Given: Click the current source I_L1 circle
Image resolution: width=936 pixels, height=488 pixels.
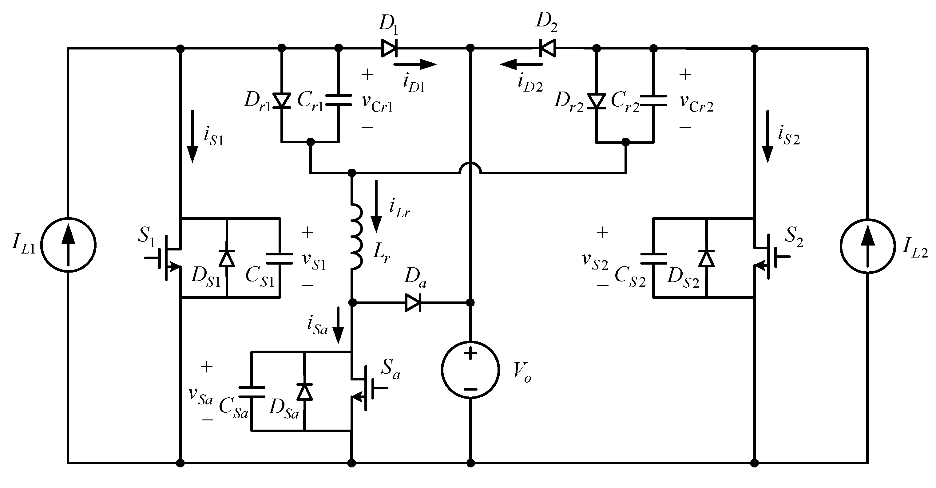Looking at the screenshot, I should point(68,245).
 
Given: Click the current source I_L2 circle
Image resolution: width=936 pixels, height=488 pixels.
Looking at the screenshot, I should point(868,246).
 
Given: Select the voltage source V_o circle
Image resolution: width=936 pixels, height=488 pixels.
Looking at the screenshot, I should point(470,370).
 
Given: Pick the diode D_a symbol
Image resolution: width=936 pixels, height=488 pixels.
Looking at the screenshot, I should point(413,302).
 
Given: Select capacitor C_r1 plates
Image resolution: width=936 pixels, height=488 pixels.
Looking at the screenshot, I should point(338,100).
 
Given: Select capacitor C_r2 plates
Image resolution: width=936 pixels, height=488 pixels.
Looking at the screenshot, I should point(653,100).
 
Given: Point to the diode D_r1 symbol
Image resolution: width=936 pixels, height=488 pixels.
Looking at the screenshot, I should point(282,100).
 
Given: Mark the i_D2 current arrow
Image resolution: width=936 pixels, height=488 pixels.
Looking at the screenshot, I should point(521,65).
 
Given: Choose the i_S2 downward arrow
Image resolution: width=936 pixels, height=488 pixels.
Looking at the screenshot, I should point(768,136).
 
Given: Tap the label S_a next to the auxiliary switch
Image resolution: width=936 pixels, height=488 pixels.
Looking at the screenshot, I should point(390,370).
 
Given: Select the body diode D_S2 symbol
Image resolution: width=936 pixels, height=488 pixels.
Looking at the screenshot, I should point(706,258).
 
